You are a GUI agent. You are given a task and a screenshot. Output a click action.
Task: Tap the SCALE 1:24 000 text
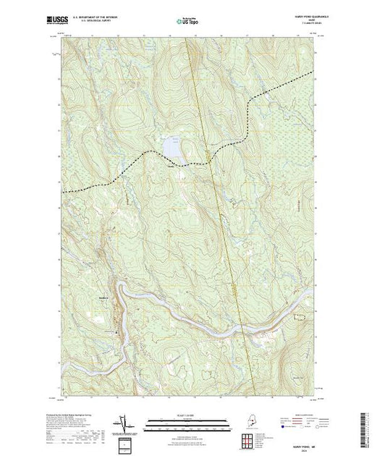188,415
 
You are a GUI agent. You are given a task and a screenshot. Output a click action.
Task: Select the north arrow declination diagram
124,423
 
